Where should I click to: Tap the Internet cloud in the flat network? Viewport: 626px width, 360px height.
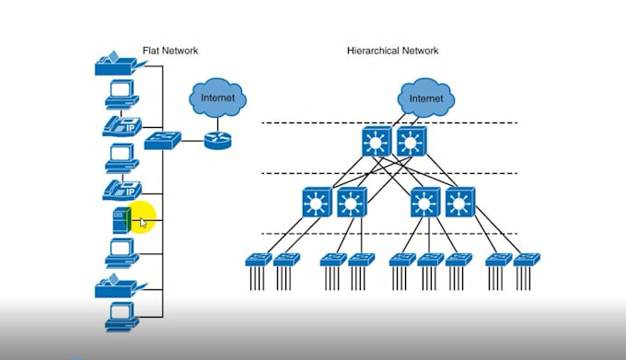[217, 96]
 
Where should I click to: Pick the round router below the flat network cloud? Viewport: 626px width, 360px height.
[217, 140]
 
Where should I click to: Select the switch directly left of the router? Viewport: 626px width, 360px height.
[162, 140]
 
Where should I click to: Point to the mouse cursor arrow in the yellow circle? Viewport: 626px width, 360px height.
[144, 222]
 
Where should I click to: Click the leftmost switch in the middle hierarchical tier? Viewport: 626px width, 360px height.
[317, 203]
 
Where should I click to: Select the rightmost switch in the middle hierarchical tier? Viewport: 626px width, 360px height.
[460, 203]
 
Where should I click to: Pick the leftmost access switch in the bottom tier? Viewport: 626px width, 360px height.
[260, 261]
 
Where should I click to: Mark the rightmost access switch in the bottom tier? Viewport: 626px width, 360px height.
[527, 261]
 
